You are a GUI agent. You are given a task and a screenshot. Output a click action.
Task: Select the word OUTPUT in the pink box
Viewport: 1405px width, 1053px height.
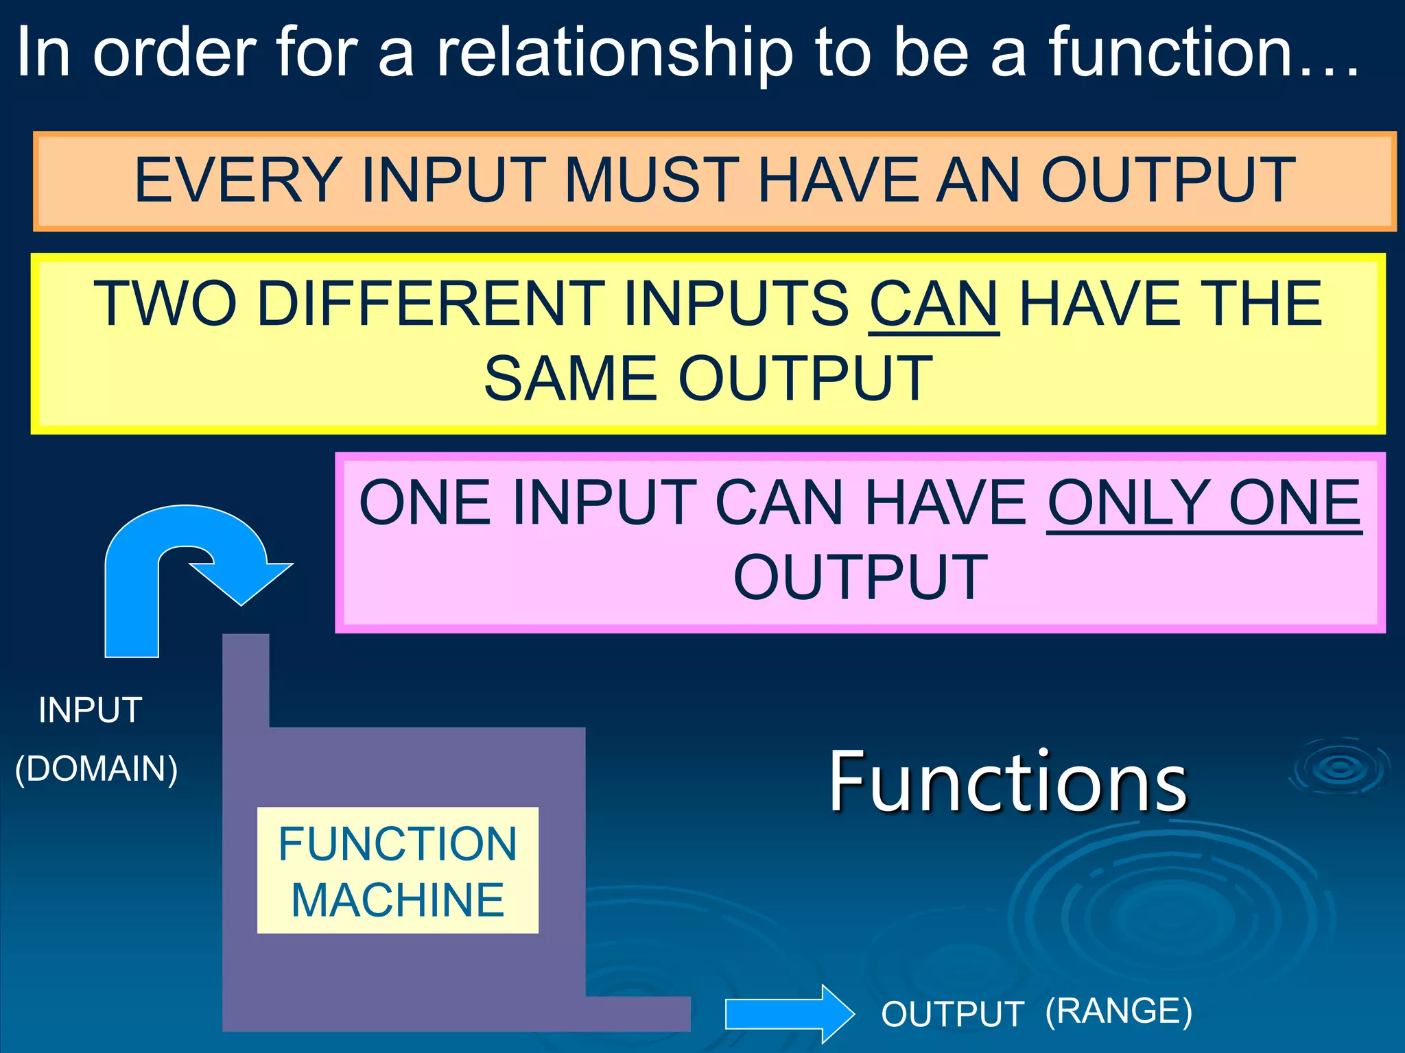point(860,578)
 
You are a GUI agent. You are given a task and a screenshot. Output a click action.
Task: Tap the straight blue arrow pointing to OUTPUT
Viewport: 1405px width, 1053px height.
point(789,1014)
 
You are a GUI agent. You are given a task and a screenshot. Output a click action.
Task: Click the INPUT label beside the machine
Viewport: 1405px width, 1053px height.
point(91,710)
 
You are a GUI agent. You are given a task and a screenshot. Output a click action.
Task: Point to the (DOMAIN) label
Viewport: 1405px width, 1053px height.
point(97,768)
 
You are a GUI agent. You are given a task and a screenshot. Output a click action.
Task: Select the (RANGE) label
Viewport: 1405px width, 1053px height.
point(1118,1011)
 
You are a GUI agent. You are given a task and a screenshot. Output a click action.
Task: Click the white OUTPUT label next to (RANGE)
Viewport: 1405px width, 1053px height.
point(952,1014)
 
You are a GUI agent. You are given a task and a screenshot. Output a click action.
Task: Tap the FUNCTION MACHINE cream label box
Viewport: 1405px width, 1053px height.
point(397,871)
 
